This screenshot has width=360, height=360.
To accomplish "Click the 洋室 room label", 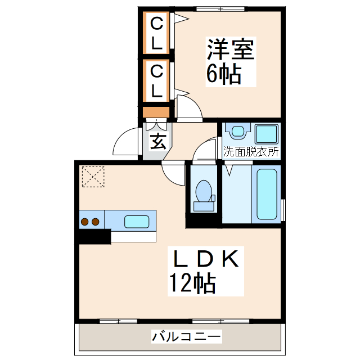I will click(x=231, y=49).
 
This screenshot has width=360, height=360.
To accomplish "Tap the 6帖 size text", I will click(x=223, y=74).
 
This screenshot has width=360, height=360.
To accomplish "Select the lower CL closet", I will click(x=157, y=80).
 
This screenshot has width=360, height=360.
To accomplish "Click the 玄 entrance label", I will click(x=157, y=142).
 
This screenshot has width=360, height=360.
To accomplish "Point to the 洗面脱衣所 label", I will click(x=251, y=151).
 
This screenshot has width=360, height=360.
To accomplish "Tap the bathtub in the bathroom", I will click(x=267, y=194).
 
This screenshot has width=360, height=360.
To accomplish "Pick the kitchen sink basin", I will click(x=136, y=221).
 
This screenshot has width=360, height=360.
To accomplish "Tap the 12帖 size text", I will click(x=191, y=283).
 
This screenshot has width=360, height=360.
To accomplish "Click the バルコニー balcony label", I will click(x=186, y=337).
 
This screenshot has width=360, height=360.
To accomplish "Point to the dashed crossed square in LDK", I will click(x=93, y=176).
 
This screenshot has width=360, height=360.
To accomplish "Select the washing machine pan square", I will click(x=267, y=134).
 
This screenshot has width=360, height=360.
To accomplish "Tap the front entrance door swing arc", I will click(x=125, y=143).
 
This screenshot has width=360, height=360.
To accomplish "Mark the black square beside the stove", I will click(x=94, y=236).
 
